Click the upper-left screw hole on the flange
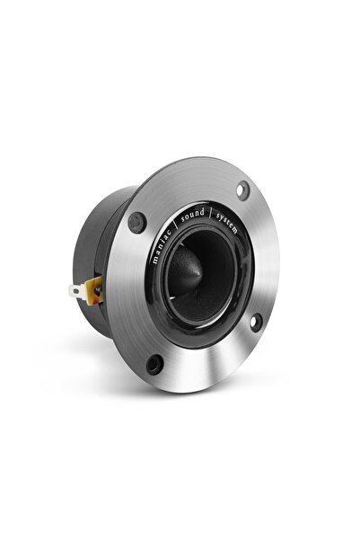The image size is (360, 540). [x=137, y=220]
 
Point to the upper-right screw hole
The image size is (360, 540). [x=242, y=189]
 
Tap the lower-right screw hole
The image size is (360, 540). [x=255, y=321]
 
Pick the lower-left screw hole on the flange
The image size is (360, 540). [x=154, y=364]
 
